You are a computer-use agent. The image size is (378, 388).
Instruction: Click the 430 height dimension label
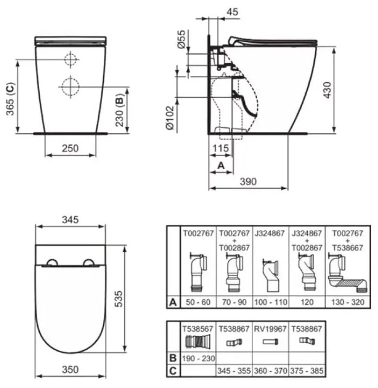pyautogui.click(x=327, y=90)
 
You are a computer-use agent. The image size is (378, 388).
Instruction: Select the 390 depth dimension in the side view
pyautogui.click(x=248, y=182)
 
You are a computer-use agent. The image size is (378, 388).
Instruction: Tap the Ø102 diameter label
pyautogui.click(x=170, y=118)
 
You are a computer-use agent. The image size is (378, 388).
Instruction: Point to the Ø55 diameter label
pyautogui.click(x=182, y=39)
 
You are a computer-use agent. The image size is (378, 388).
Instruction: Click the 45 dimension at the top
pyautogui.click(x=232, y=12)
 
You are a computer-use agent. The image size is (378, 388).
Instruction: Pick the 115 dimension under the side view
pyautogui.click(x=221, y=148)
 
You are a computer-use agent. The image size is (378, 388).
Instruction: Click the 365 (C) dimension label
pyautogui.click(x=10, y=99)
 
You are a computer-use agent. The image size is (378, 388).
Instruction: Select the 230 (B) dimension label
pyautogui.click(x=119, y=110)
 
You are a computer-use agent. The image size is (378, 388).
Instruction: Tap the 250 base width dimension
pyautogui.click(x=70, y=148)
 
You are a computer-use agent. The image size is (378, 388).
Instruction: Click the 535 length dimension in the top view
pyautogui.click(x=119, y=299)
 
